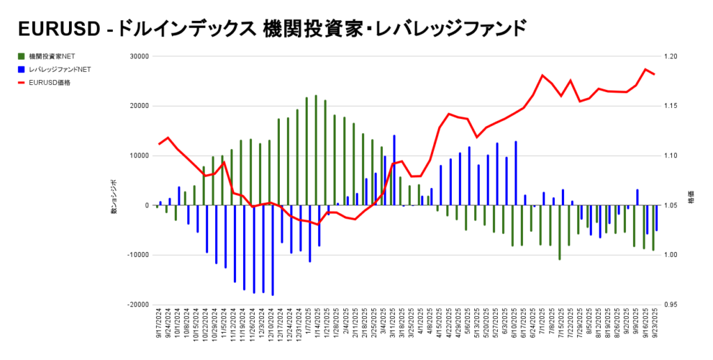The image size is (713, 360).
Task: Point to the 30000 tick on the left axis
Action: point(140,56)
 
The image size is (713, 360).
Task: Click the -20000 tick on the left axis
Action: point(139,305)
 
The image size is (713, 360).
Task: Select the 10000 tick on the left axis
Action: point(140,156)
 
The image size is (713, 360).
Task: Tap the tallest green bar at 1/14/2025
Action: point(315,150)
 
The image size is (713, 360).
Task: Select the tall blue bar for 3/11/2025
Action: point(394,170)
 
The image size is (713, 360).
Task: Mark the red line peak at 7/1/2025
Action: point(542,75)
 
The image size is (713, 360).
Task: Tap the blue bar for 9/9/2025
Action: point(637,197)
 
